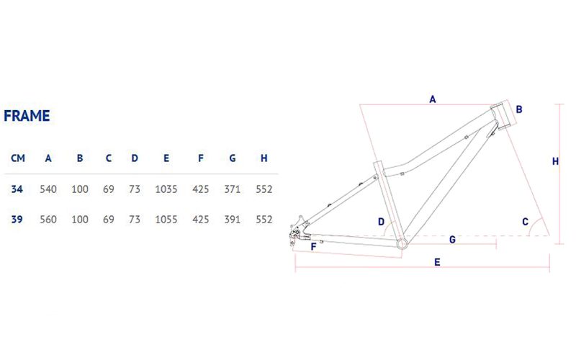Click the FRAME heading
click(27, 116)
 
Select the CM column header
click(18, 158)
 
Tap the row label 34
click(17, 189)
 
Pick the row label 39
click(17, 220)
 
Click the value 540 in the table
click(48, 189)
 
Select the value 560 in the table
click(48, 220)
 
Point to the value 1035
click(166, 189)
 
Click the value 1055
click(166, 220)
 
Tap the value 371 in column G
click(232, 189)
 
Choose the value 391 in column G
click(232, 220)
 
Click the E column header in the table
click(166, 158)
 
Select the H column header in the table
click(264, 158)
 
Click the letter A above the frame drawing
click(433, 99)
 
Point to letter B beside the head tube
click(519, 109)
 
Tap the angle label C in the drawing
click(526, 222)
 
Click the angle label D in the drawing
click(382, 222)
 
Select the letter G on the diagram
click(453, 240)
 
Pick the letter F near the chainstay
click(313, 246)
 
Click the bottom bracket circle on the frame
click(402, 243)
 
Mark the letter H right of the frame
click(555, 161)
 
